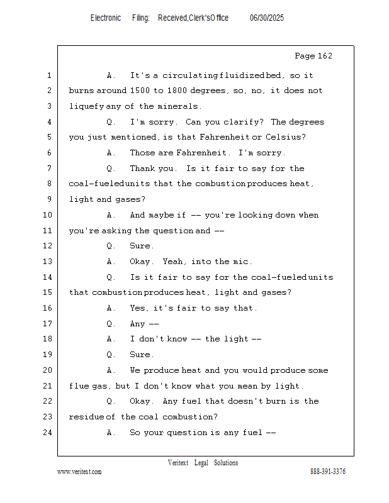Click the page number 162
coord(325,56)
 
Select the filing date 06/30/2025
coord(267,18)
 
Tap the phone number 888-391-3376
coord(328,471)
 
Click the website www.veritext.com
coord(79,472)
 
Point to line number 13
coord(48,261)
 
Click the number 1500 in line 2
coord(140,91)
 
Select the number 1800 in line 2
coord(177,91)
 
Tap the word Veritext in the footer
coord(178,463)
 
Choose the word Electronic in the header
coord(106,18)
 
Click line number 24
coord(48,433)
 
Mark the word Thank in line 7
coord(141,168)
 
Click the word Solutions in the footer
coord(226,463)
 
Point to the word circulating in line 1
coord(190,75)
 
